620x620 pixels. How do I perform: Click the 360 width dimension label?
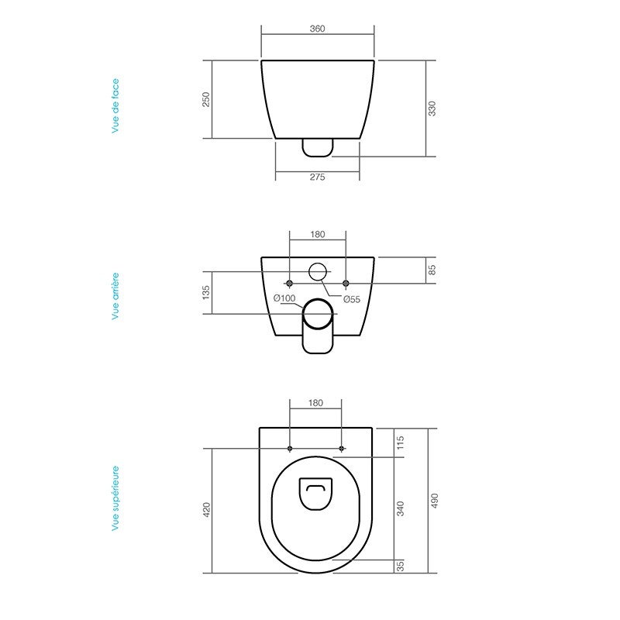(317, 29)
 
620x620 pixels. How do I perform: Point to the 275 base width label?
(317, 177)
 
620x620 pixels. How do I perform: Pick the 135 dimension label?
(206, 292)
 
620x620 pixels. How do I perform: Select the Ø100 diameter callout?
(284, 299)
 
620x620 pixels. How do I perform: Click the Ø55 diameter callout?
(352, 299)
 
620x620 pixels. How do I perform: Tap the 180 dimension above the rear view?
(317, 232)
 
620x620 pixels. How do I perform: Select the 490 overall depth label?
(432, 501)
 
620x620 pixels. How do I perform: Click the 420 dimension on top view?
(206, 510)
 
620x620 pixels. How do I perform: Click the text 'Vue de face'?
(115, 105)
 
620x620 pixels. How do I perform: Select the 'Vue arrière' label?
(115, 295)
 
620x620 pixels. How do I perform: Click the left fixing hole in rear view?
(289, 281)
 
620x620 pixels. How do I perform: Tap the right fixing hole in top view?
(342, 449)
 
